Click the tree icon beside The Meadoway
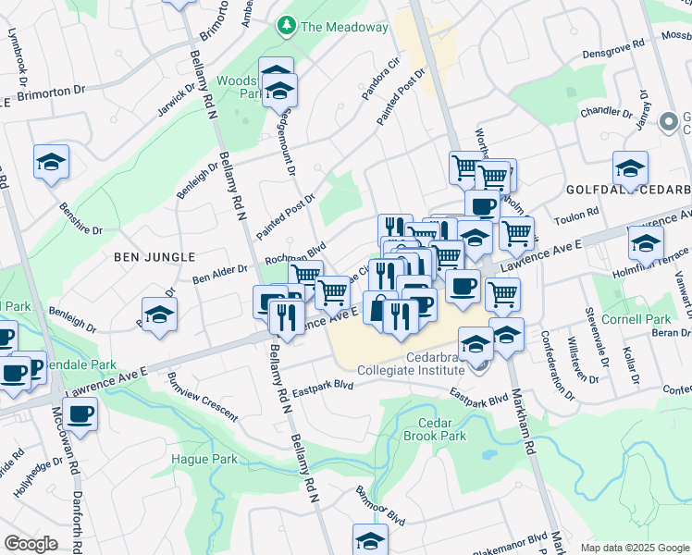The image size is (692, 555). click(288, 27)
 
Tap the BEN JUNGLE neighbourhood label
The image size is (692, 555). click(155, 256)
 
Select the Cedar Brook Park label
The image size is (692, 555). click(434, 428)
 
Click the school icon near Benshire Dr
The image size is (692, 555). click(52, 162)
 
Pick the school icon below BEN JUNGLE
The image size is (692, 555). click(159, 314)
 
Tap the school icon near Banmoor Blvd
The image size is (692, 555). click(370, 539)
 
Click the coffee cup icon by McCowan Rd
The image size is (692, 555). click(80, 413)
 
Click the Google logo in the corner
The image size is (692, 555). click(30, 544)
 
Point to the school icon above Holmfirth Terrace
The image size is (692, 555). click(646, 243)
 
